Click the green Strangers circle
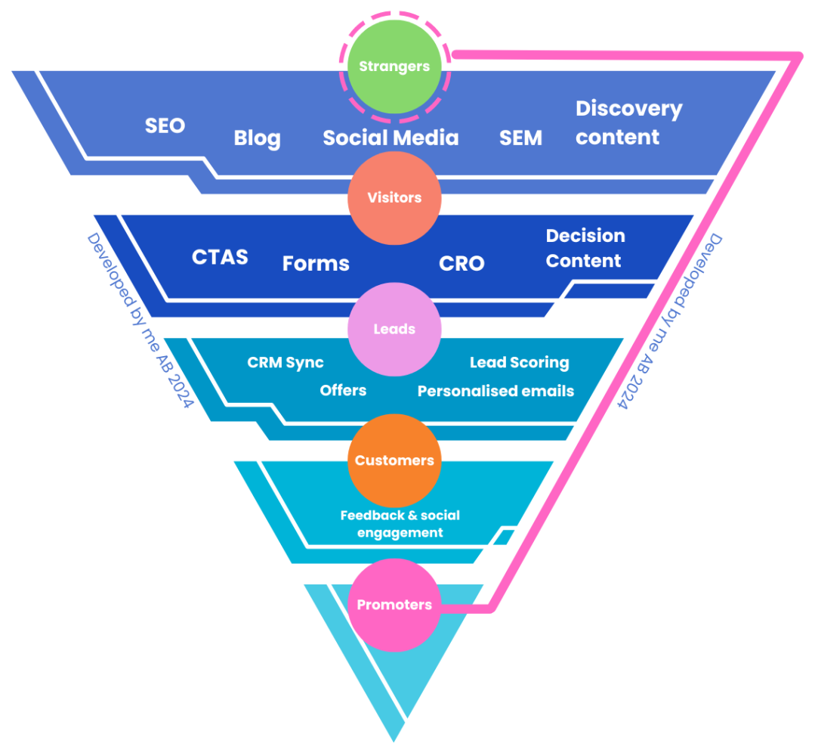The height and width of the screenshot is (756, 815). pos(394,67)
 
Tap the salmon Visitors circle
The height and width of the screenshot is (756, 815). pos(394,197)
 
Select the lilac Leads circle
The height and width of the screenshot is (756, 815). pos(394,329)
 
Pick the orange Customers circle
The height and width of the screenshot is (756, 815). pos(394,460)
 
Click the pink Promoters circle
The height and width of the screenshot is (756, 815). pos(394,605)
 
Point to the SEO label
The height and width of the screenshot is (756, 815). pos(165,125)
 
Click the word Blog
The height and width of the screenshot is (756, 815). pos(257,138)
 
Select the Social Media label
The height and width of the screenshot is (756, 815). pos(391,138)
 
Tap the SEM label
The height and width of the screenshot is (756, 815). pos(520,138)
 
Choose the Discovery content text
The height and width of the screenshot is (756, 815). pos(628,122)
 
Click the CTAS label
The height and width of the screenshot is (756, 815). pos(220,257)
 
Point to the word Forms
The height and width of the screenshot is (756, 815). pos(316,263)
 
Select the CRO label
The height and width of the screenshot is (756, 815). pos(462,263)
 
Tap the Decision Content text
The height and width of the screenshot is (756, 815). pos(585,248)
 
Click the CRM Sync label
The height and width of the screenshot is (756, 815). pos(286,363)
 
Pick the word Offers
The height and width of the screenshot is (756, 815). pos(343,390)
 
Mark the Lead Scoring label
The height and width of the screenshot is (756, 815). pos(519,363)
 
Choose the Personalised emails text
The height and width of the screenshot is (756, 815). pos(495,391)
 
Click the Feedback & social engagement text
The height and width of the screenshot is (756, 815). pos(400,524)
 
